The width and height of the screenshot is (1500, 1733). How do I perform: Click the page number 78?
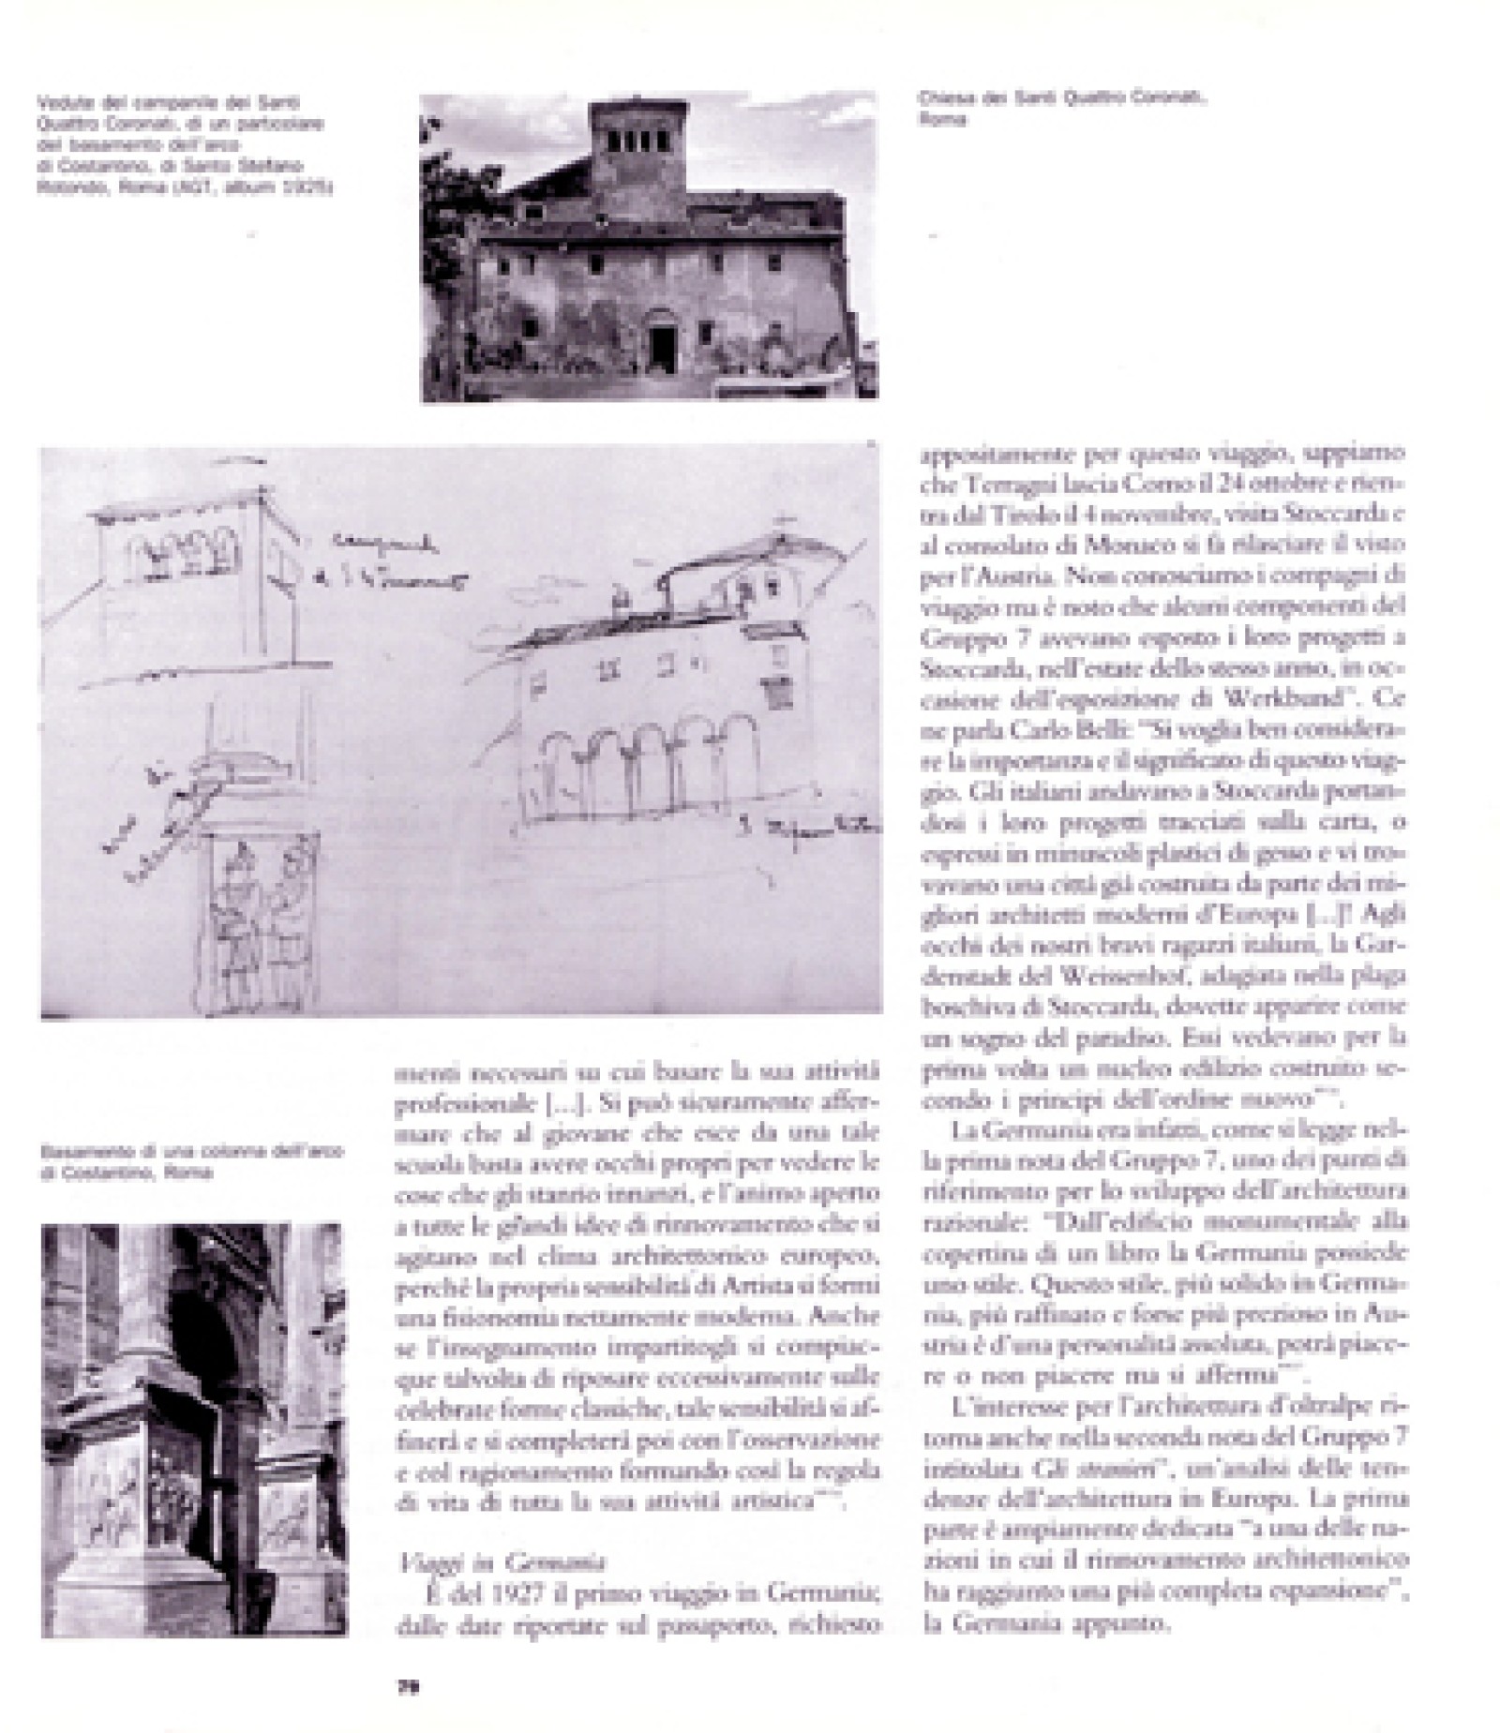pos(407,1686)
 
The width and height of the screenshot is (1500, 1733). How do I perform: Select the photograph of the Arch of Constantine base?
pos(195,1429)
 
